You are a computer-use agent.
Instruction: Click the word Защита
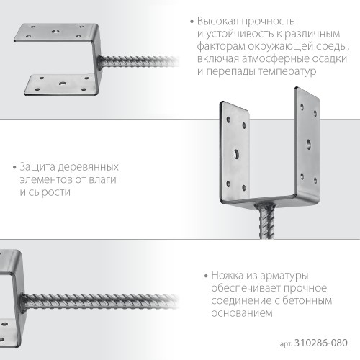pos(37,167)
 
